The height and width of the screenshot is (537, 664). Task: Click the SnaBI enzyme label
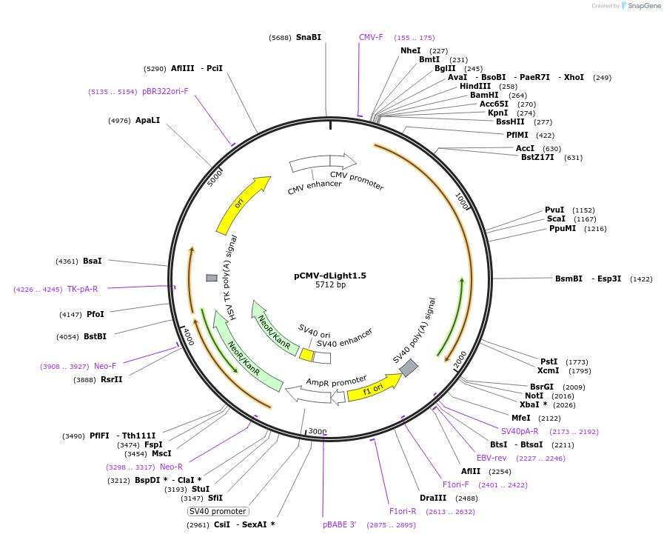tap(308, 37)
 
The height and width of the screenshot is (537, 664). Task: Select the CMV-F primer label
tap(371, 37)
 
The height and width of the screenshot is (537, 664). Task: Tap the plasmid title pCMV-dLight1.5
tap(330, 276)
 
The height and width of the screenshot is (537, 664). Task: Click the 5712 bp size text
tap(330, 284)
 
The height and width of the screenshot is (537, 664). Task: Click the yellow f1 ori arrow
tap(374, 387)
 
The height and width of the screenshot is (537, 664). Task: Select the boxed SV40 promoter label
tap(218, 511)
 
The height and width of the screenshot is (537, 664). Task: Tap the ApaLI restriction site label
tap(147, 120)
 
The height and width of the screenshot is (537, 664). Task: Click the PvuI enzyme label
tap(554, 210)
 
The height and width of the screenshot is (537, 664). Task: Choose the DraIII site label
tap(433, 498)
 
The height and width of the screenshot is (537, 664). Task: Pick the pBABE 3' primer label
tap(340, 524)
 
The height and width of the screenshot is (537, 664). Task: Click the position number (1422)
tap(641, 279)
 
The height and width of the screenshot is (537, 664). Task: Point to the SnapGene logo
tap(641, 6)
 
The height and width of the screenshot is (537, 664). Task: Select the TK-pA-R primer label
tap(82, 289)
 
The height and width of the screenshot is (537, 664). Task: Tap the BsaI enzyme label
tap(93, 261)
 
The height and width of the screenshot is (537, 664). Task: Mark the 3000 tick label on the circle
tap(318, 432)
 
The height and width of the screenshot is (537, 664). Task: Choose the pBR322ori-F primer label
tap(165, 91)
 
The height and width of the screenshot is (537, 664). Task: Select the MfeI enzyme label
tap(521, 418)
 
